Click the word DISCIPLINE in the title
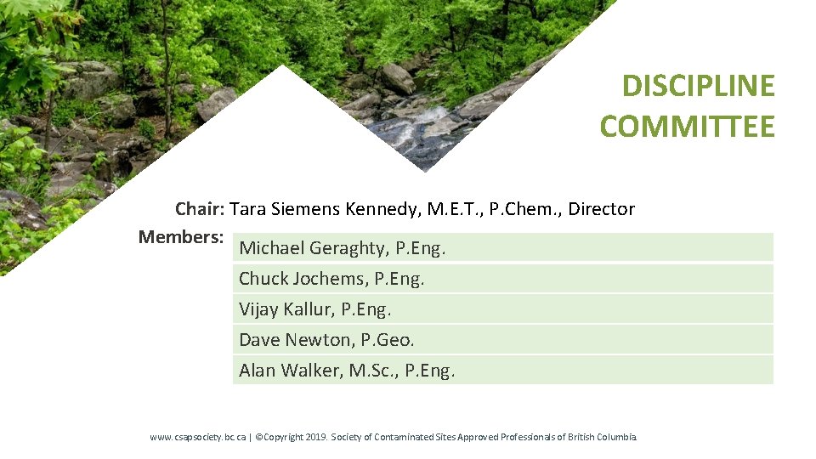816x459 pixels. (x=698, y=86)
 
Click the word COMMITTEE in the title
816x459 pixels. (x=687, y=127)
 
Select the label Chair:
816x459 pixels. (x=200, y=208)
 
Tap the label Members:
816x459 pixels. (x=180, y=236)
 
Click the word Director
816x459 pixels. (x=601, y=208)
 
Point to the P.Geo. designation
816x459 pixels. (x=388, y=340)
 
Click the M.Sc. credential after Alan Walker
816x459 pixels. (x=374, y=371)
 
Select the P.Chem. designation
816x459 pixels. (x=525, y=208)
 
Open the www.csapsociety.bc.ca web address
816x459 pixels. (x=198, y=437)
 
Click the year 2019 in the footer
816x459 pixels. (x=315, y=437)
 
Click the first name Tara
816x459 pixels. (x=248, y=208)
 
